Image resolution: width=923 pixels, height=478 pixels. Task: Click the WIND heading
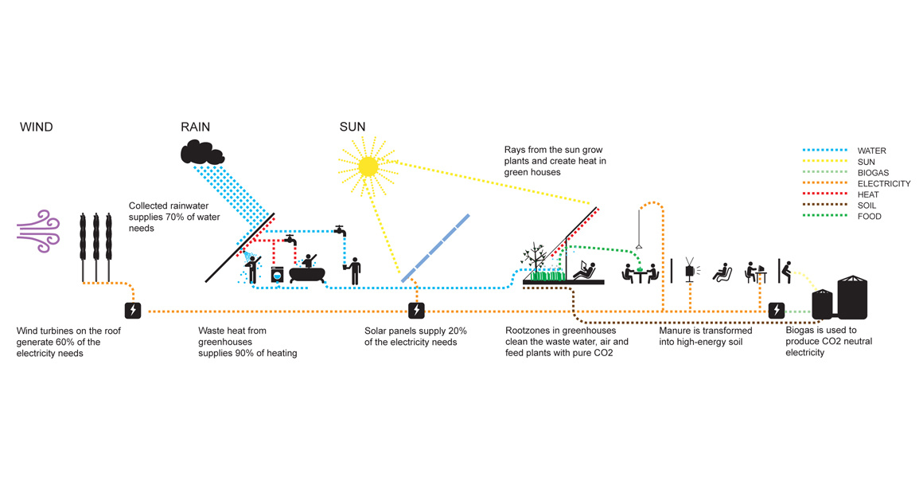point(36,127)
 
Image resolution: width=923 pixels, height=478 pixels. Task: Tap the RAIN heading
point(196,127)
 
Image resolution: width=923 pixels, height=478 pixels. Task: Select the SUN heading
point(352,127)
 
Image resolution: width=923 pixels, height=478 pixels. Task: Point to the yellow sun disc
point(368,166)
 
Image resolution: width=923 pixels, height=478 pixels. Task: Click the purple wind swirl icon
point(39,231)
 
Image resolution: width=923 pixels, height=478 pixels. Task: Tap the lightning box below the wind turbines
point(133,310)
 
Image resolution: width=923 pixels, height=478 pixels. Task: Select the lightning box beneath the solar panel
point(416,310)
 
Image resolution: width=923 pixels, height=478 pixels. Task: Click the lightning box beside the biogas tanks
point(777,310)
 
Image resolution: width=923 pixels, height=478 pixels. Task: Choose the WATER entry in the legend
point(872,151)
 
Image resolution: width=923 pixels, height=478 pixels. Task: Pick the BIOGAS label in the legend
point(874,173)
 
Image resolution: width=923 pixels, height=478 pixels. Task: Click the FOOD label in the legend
point(870,217)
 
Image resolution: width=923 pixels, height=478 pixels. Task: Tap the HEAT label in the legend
point(869,194)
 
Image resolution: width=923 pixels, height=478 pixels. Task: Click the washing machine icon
point(277,274)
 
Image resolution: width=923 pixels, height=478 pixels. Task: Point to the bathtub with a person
point(306,271)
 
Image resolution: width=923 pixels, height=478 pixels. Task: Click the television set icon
point(690,271)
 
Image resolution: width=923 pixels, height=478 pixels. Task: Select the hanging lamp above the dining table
point(639,246)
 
